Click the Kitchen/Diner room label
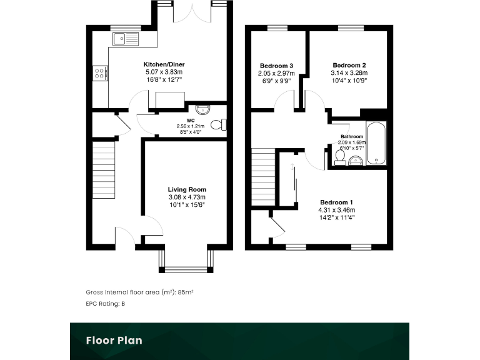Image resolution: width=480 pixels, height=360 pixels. coord(164,64)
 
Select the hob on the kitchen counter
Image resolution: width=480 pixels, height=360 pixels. coord(99,74)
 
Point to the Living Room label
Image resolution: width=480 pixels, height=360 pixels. coord(186,189)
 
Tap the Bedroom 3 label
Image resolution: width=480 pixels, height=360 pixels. coord(276,66)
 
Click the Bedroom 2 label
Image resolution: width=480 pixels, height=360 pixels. coord(349,66)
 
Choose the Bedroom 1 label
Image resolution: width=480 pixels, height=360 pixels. coord(337,202)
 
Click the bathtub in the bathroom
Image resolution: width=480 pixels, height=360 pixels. coord(376,143)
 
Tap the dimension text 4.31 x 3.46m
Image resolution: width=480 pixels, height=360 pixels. coord(337,210)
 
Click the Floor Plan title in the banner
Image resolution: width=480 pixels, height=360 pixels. coord(114,341)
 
